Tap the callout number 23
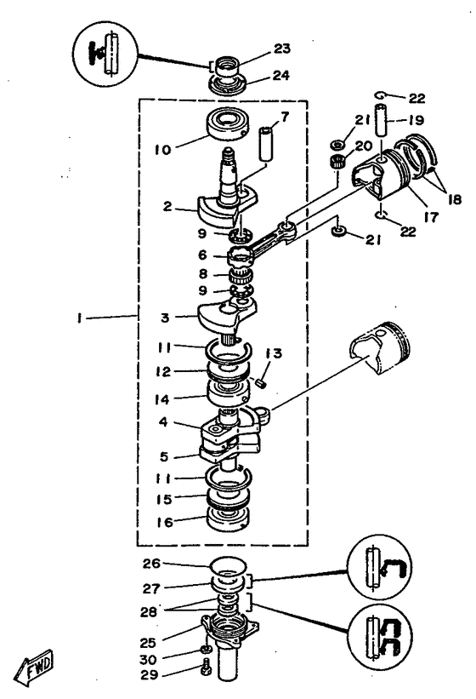coord(281,49)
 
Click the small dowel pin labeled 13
coord(262,381)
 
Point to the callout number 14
coord(163,396)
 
